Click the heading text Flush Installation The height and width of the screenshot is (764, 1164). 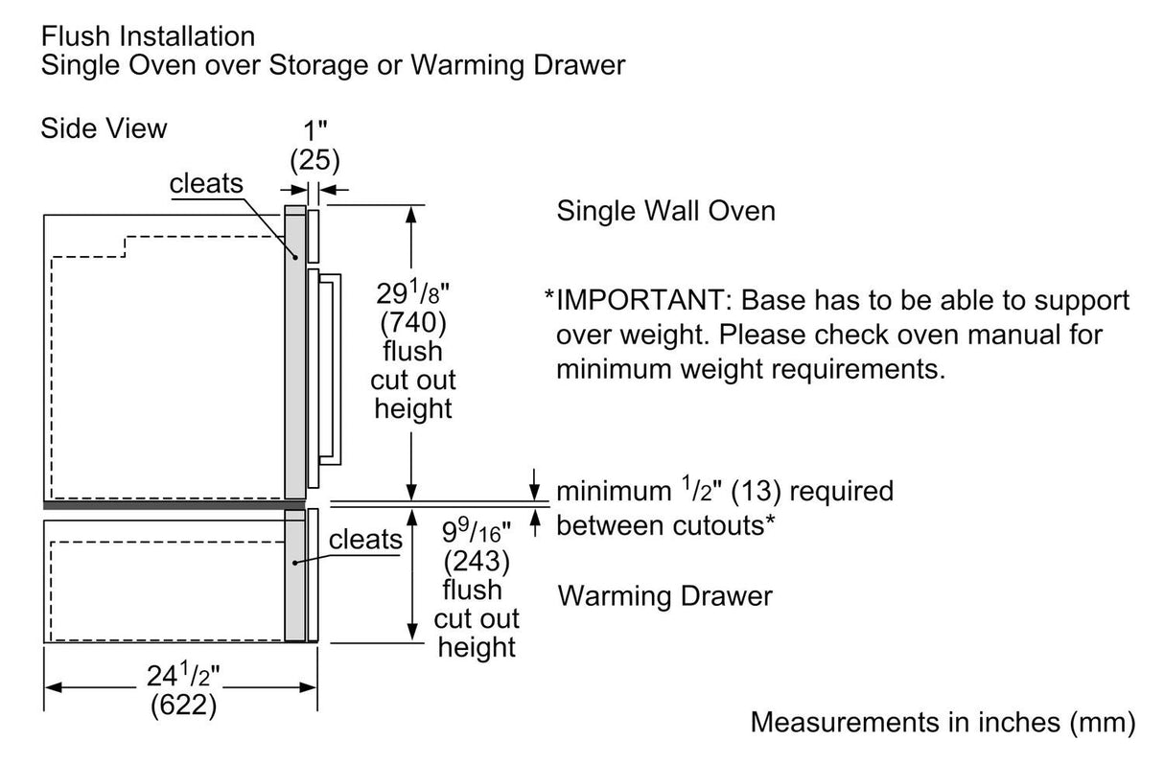click(148, 36)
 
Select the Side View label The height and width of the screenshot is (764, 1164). click(104, 127)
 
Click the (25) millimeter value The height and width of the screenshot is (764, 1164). click(314, 158)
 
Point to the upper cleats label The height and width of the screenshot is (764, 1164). click(206, 184)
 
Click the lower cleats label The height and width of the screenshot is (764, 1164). click(365, 540)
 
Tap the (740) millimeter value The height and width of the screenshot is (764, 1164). click(414, 322)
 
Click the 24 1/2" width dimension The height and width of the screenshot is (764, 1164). click(182, 677)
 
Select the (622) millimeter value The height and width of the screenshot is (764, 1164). click(182, 706)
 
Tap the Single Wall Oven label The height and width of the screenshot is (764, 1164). click(665, 211)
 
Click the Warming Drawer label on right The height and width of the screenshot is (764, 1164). click(664, 596)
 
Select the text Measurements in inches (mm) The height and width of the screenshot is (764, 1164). click(943, 721)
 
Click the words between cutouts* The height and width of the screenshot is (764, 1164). click(665, 524)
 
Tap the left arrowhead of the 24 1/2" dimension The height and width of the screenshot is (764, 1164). click(54, 687)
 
